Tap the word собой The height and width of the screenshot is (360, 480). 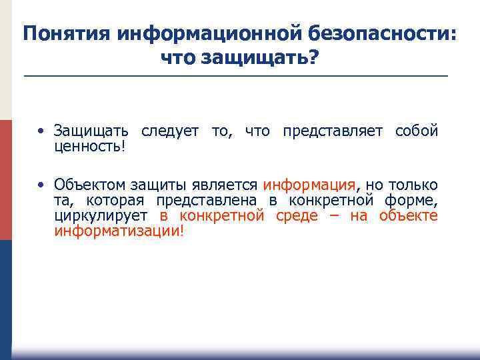(x=417, y=131)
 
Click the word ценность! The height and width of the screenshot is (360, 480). (x=89, y=145)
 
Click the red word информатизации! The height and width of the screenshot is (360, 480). (x=119, y=232)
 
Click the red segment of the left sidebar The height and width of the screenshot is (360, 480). (x=5, y=180)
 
